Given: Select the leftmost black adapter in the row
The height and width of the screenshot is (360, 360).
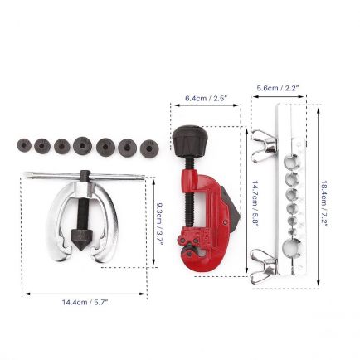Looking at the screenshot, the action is click(24, 145).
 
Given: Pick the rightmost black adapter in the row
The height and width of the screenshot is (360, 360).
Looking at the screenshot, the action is click(149, 147).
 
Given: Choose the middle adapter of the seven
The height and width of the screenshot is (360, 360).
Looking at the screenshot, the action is click(83, 145).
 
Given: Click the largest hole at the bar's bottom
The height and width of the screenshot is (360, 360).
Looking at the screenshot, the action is click(292, 246).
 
